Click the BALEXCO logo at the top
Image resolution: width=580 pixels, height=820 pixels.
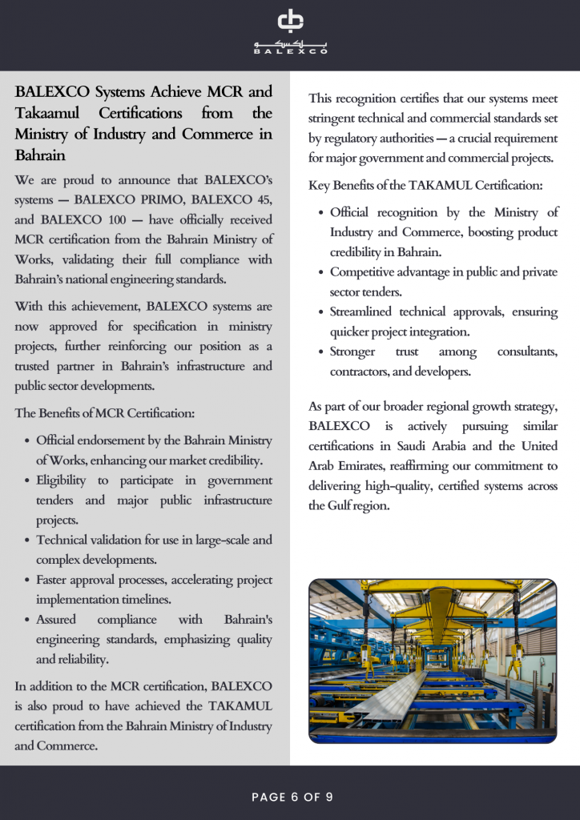point(290,33)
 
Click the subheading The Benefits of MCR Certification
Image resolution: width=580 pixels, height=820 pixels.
point(105,413)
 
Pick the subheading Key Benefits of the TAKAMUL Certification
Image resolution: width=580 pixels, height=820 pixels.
point(425,186)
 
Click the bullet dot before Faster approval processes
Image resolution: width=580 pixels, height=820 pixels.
point(28,580)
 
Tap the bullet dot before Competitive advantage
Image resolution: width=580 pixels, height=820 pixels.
point(322,272)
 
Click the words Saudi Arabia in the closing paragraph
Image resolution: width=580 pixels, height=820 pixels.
point(439,446)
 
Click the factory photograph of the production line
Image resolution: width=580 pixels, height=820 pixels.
point(433,661)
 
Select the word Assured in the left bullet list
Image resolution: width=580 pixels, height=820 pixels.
point(58,620)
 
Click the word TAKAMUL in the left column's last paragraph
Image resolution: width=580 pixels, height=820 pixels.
point(240,706)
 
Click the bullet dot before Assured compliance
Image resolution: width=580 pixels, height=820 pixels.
point(28,620)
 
